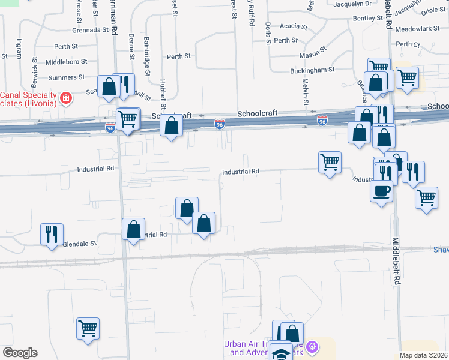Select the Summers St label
[x=67, y=78]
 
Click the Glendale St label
[x=80, y=244]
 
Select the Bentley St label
[x=367, y=19]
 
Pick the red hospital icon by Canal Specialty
[x=65, y=98]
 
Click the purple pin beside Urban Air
[x=311, y=347]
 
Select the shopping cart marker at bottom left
[x=88, y=328]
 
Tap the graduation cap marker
[x=280, y=352]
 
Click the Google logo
[x=20, y=353]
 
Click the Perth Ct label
[x=408, y=44]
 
